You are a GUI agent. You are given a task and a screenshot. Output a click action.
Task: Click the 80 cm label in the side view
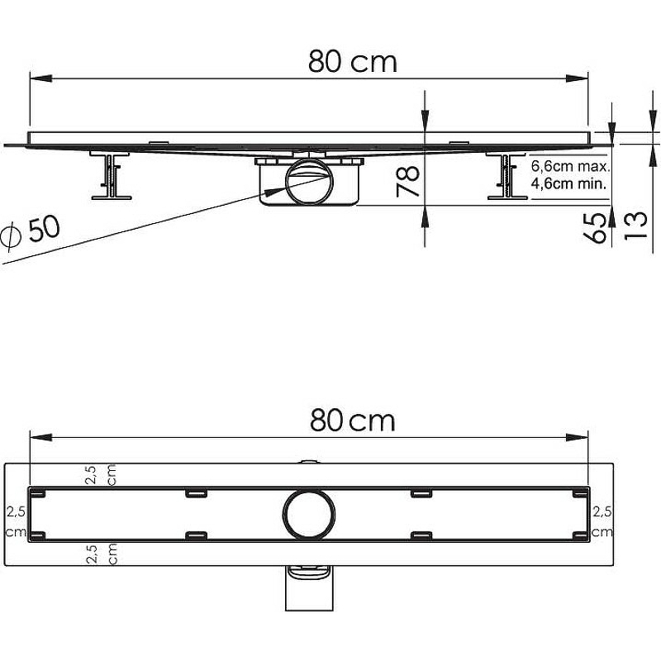[x=353, y=61]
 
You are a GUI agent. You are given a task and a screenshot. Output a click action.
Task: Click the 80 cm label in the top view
[x=353, y=421]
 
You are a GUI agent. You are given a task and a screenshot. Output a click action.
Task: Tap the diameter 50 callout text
[x=31, y=232]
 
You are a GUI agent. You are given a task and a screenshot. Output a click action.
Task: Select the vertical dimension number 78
[x=407, y=181]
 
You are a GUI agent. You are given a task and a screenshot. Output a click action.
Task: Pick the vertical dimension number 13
[x=635, y=226]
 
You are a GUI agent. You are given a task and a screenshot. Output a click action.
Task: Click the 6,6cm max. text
[x=570, y=167]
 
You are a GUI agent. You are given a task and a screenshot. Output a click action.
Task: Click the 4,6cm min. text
[x=568, y=184]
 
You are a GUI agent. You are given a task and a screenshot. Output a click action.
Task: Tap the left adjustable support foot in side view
[x=111, y=174]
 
